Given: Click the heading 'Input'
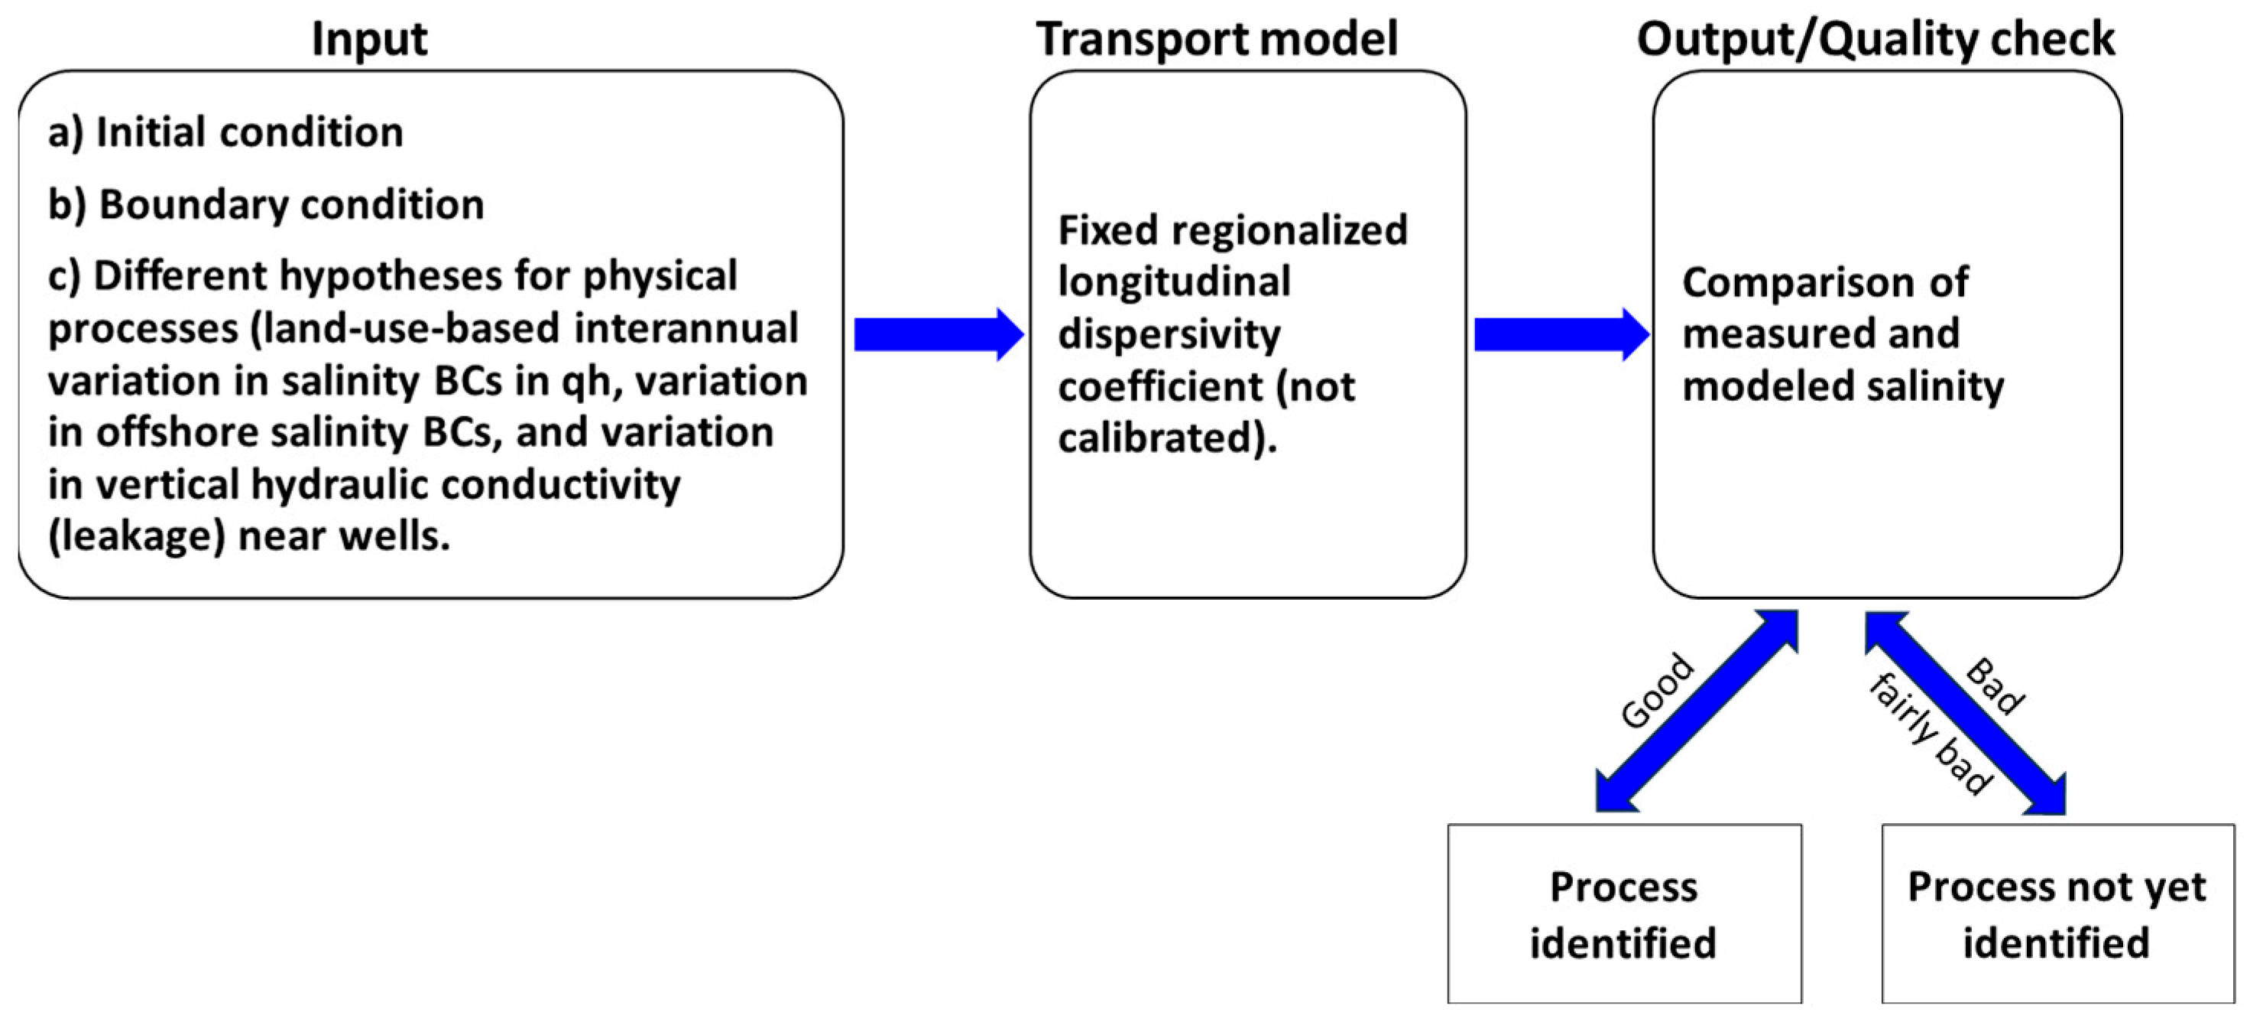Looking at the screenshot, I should [x=368, y=39].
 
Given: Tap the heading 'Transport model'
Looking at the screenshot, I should [x=1216, y=39].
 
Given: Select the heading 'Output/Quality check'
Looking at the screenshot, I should [x=1875, y=39].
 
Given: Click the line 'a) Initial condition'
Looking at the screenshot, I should [x=225, y=133].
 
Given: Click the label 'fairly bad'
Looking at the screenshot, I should [x=1931, y=735].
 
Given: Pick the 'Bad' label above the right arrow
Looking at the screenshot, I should [x=1995, y=686].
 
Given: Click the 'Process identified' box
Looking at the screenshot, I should [x=1624, y=913].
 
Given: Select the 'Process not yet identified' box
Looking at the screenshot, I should [x=2057, y=913].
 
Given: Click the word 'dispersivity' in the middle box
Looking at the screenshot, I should [x=1169, y=336].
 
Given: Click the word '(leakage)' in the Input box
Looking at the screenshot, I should [x=136, y=536].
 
